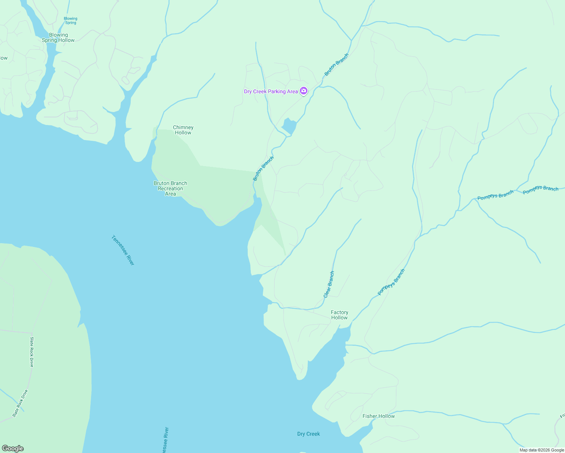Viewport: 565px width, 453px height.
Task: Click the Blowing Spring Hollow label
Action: click(58, 37)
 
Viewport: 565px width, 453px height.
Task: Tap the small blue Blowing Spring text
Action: click(70, 20)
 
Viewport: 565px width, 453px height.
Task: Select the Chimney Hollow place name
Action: click(183, 130)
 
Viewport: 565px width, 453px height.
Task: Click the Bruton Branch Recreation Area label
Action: click(170, 188)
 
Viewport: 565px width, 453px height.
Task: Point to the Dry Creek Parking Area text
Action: click(271, 91)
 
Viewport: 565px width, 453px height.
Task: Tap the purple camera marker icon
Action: click(304, 91)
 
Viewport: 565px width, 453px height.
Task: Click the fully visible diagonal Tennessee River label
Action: click(123, 250)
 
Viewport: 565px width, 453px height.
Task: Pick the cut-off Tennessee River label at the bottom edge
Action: click(165, 440)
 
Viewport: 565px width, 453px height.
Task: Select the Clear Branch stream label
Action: click(329, 284)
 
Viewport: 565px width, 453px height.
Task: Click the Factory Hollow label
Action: click(339, 315)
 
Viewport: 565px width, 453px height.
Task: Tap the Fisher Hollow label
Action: click(378, 416)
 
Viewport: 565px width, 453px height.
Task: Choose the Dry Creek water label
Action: click(308, 434)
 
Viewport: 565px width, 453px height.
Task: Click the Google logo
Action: click(12, 448)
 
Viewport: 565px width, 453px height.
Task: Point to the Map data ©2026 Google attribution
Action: click(542, 450)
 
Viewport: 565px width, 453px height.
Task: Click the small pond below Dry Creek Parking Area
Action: click(290, 126)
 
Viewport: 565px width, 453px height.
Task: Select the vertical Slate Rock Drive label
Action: click(32, 352)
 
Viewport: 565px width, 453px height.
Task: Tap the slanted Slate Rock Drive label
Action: click(20, 403)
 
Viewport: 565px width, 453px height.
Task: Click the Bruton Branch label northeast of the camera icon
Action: click(337, 65)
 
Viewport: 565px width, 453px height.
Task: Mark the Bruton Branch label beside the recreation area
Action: click(263, 168)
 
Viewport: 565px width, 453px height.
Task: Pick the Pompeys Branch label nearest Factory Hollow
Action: click(391, 282)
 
